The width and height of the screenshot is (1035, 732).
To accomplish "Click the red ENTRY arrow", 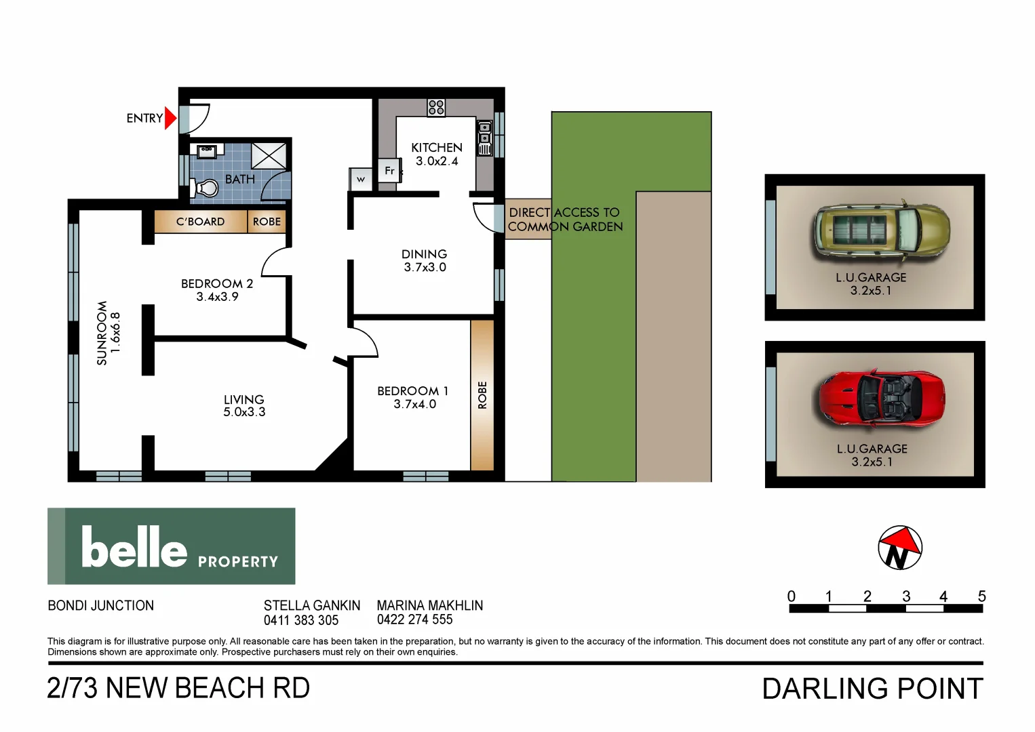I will [x=170, y=119].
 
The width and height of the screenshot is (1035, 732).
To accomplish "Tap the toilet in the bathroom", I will [x=205, y=186].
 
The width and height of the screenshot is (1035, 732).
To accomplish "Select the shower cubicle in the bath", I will [x=269, y=156].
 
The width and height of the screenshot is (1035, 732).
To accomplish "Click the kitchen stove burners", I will [x=436, y=107].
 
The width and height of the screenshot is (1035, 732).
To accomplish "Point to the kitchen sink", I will [x=484, y=138].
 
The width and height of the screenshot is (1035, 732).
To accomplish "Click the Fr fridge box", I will [x=389, y=171].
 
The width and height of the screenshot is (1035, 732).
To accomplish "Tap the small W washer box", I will [x=361, y=179].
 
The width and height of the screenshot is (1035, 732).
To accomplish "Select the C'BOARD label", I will [x=200, y=222].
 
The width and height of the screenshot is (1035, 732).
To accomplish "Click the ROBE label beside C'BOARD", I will [x=267, y=222].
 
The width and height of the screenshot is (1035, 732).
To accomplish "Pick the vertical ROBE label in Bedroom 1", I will [x=482, y=395].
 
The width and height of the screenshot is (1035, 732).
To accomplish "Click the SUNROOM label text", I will [x=102, y=333].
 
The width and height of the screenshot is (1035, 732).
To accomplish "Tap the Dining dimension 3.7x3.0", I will [x=425, y=267].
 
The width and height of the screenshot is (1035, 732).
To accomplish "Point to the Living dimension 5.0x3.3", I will [x=244, y=412].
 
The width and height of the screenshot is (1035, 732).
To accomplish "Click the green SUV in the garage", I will [x=882, y=232].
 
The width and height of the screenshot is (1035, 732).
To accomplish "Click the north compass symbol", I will [x=899, y=548].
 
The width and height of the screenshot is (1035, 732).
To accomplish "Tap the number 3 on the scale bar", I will [x=905, y=596].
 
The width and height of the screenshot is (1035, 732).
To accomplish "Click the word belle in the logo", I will [x=134, y=547].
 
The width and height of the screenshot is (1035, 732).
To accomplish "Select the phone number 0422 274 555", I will [x=414, y=619].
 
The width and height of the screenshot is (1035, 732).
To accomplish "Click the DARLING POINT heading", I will [x=872, y=689].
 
